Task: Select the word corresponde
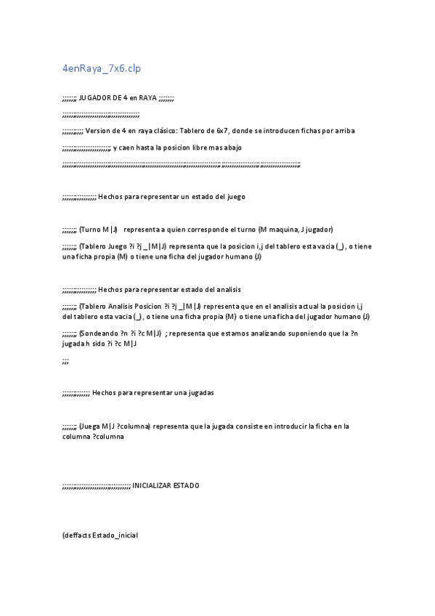190,230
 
